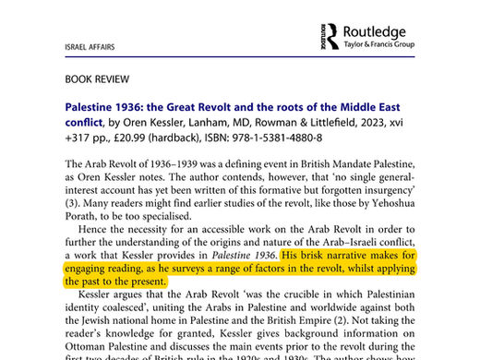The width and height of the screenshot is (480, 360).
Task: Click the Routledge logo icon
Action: click(x=330, y=35)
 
